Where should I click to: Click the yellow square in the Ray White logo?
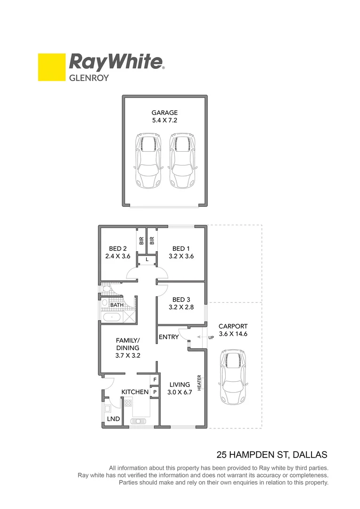tap(51, 67)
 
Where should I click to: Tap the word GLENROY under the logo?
tap(89, 78)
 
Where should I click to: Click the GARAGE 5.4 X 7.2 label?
tap(164, 116)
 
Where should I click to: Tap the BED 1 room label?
tap(181, 253)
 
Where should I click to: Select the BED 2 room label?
tap(117, 253)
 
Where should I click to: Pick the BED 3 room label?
tap(181, 304)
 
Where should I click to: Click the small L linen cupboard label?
tap(147, 260)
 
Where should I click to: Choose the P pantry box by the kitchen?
tap(155, 391)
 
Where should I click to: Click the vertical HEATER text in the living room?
tap(199, 382)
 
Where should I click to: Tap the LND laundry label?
tap(113, 419)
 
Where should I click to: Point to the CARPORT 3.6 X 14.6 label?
tap(232, 330)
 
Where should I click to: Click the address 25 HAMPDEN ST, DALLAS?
tap(271, 455)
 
